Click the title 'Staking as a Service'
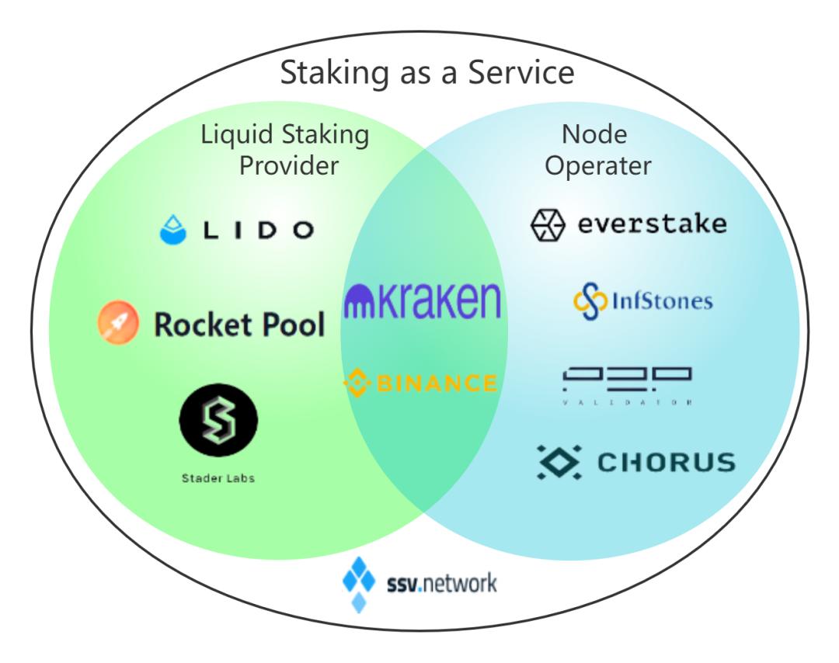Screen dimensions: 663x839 [x=426, y=73]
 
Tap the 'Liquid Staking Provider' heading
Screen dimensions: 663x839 [x=284, y=149]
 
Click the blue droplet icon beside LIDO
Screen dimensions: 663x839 [x=173, y=229]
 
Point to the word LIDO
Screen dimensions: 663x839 [x=256, y=230]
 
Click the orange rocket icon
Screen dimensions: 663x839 [x=118, y=323]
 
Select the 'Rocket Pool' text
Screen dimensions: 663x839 [x=239, y=325]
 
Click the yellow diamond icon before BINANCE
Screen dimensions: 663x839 [x=357, y=384]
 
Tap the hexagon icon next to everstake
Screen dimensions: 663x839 [x=548, y=226]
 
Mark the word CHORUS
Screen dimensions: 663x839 [x=666, y=463]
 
